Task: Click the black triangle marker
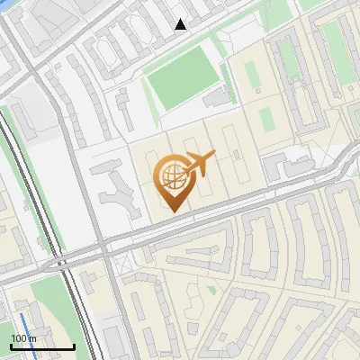181,24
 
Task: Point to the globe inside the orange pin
171,173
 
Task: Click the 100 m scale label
23,338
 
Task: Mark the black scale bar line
42,346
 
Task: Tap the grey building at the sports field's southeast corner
217,96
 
